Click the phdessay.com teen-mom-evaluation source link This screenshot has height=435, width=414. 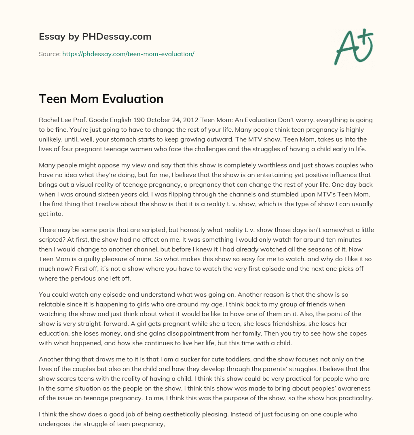coord(128,54)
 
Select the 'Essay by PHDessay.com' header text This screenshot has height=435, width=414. coord(95,37)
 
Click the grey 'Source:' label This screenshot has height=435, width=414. coord(49,54)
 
